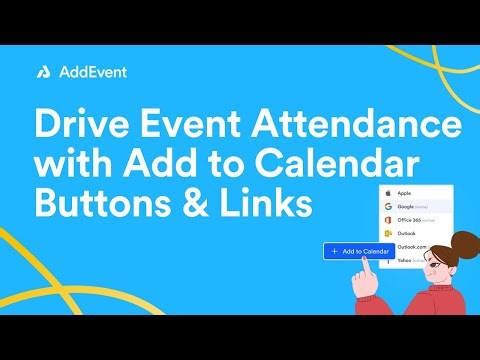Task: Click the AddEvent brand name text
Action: (91, 72)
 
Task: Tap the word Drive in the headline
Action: (86, 127)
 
